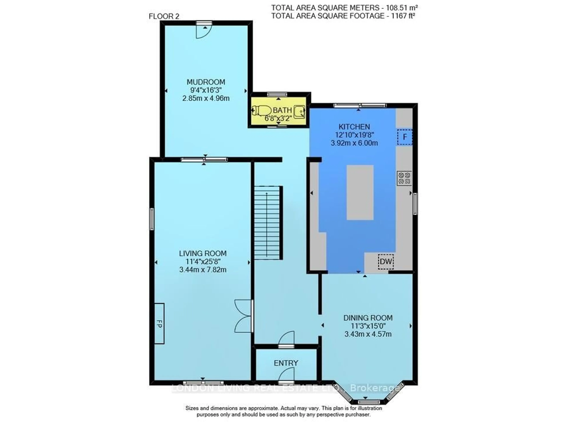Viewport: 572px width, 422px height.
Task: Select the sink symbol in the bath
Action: click(x=299, y=112)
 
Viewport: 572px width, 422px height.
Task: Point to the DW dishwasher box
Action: click(x=386, y=262)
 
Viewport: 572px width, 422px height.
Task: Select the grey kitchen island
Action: click(x=360, y=192)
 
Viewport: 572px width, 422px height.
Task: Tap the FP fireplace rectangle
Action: click(x=159, y=323)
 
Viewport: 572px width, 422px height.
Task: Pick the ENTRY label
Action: click(x=286, y=363)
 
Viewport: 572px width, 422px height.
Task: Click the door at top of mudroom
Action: click(x=204, y=31)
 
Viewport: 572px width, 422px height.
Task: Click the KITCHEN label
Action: click(x=354, y=127)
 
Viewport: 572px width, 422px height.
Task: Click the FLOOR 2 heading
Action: click(x=164, y=16)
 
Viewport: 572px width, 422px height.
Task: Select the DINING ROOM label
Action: click(x=368, y=318)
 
